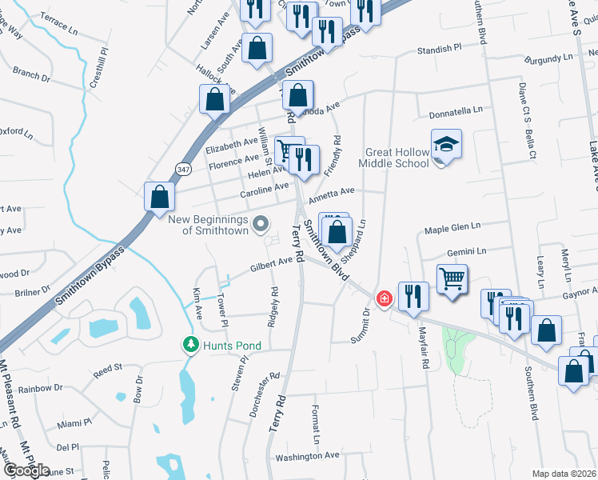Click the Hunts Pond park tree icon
(x=190, y=344)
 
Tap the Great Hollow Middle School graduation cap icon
(x=447, y=144)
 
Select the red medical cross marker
(x=385, y=299)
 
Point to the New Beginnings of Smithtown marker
(x=260, y=224)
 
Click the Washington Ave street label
(x=308, y=456)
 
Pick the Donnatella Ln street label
(x=456, y=111)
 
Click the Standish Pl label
(x=440, y=50)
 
